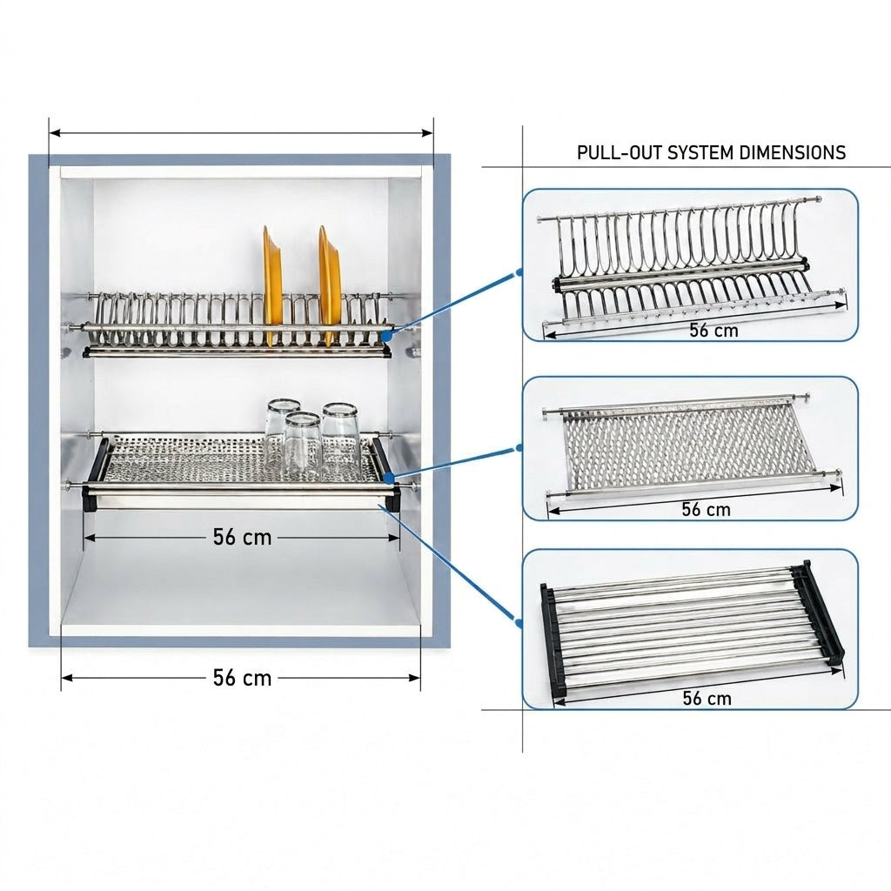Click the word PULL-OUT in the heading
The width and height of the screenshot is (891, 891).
[620, 152]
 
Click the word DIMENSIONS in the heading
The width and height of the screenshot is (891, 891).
[794, 152]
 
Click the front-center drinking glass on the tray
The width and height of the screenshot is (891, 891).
[303, 446]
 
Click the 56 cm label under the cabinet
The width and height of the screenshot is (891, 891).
[243, 678]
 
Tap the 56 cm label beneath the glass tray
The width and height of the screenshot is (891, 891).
[243, 537]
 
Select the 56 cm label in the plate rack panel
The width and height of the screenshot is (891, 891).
[713, 330]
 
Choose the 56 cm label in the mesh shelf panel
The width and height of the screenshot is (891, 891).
[707, 509]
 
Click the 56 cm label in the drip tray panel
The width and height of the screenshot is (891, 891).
[707, 698]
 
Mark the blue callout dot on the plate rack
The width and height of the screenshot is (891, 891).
[386, 336]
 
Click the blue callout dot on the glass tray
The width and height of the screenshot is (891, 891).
[387, 478]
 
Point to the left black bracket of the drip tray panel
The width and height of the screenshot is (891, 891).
[553, 642]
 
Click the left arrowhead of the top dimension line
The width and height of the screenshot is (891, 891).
[55, 133]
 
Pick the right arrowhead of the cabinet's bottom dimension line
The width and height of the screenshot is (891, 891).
[414, 678]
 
